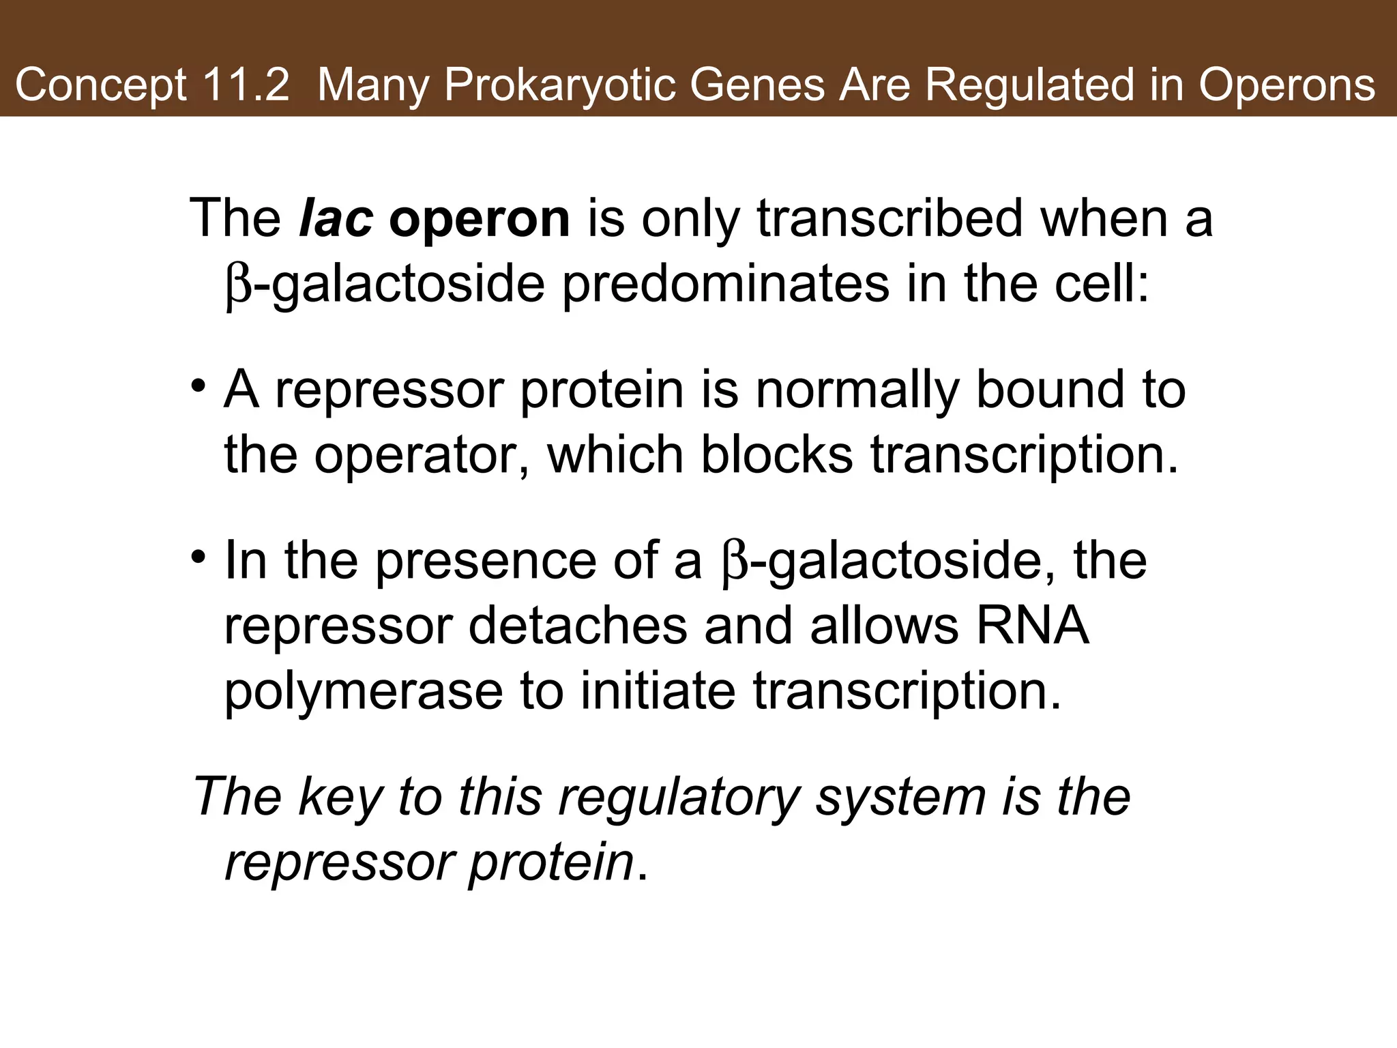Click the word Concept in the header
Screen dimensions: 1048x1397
[100, 86]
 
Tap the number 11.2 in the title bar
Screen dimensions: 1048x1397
[246, 86]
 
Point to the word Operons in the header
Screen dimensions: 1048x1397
[1287, 86]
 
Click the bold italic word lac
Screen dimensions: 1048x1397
[336, 218]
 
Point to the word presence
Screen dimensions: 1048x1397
[486, 560]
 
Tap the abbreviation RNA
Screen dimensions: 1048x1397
[1032, 626]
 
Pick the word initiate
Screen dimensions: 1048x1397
[658, 690]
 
